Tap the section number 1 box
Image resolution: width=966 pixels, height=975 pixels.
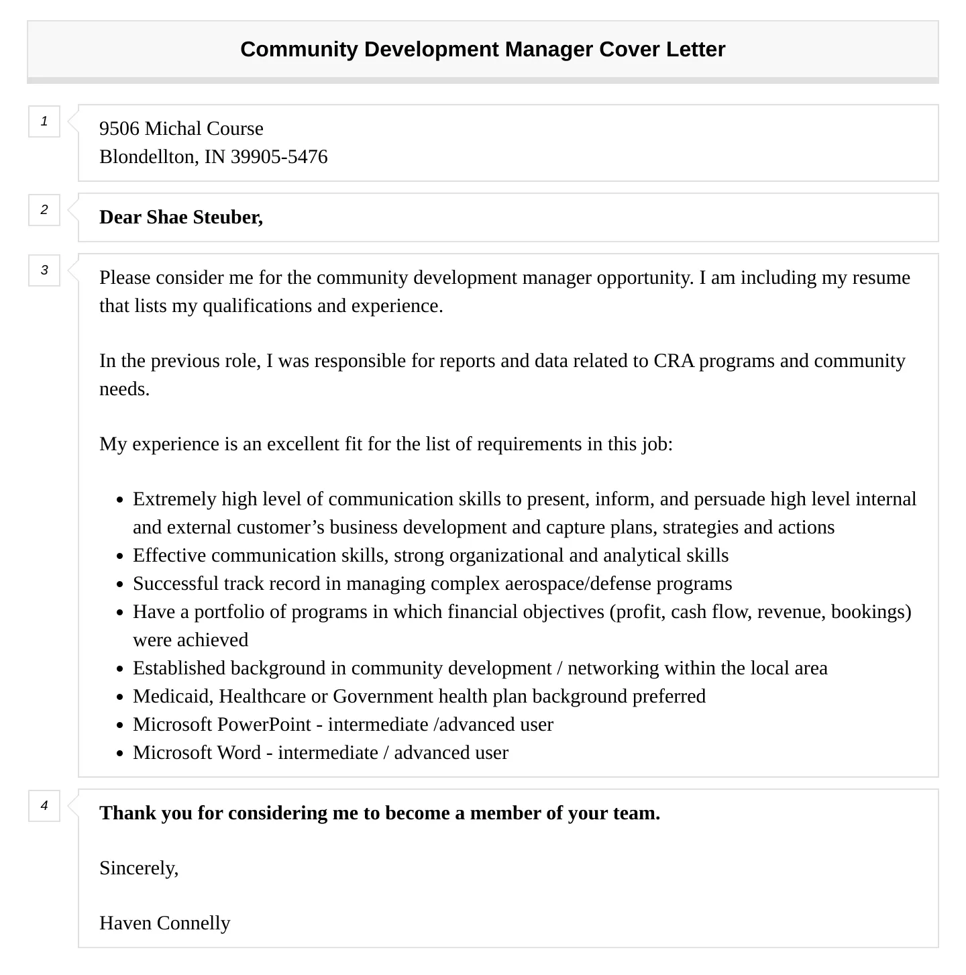point(44,121)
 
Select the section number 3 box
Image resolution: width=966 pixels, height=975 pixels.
point(44,270)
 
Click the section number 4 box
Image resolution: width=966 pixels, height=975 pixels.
point(44,805)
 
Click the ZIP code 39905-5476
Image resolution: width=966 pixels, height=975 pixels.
point(279,157)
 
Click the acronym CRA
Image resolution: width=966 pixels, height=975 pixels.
point(674,361)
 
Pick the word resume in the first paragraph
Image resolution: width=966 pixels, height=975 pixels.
point(881,278)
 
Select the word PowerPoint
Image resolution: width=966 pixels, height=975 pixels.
point(265,725)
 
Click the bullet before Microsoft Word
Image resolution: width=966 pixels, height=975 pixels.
point(119,754)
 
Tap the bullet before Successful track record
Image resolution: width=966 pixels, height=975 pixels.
point(119,584)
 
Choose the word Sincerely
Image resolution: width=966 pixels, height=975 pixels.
point(138,868)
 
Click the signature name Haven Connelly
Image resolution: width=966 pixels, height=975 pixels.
point(165,923)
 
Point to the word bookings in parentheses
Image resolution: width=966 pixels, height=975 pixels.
point(870,612)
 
